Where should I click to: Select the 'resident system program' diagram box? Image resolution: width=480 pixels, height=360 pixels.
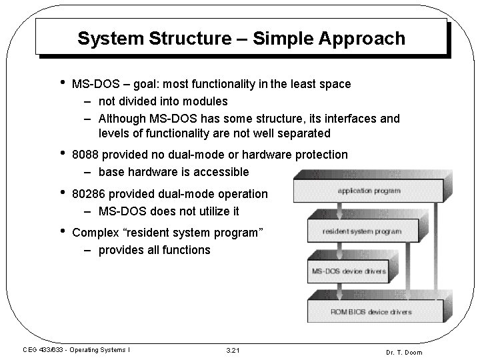coord(361,231)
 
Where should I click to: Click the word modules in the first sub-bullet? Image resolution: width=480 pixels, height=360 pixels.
coord(205,101)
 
